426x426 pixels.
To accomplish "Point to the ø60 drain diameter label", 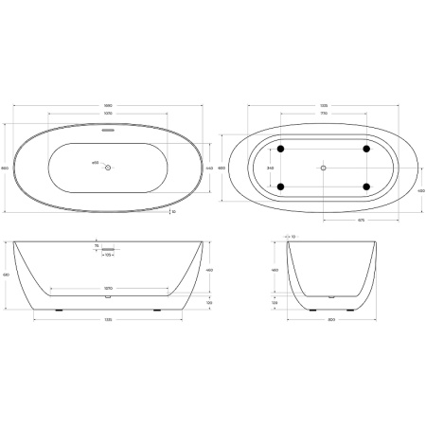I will (95, 164).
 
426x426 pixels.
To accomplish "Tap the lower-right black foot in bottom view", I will (364, 186).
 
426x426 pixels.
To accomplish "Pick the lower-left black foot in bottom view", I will (281, 186).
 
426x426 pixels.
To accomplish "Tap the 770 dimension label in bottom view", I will (323, 114).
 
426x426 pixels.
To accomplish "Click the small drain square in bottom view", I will (323, 168).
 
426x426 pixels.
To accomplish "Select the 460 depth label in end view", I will (275, 270).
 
